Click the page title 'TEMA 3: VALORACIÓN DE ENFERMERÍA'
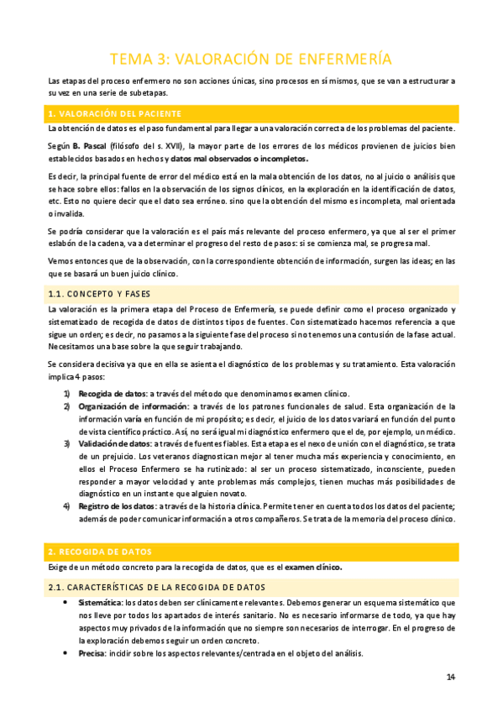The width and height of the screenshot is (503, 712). [251, 58]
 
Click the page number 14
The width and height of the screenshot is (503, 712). [450, 678]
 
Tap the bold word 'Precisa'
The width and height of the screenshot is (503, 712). [92, 654]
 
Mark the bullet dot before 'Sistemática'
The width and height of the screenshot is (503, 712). [66, 603]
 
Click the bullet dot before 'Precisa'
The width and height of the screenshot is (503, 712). [66, 654]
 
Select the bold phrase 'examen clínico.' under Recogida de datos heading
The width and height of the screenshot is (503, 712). [314, 568]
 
